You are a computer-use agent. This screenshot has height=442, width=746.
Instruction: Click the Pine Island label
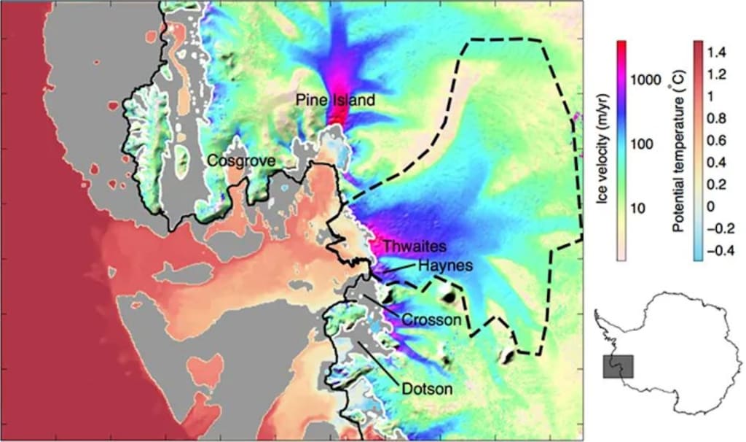(335, 100)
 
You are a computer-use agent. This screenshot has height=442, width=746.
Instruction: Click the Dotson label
(426, 389)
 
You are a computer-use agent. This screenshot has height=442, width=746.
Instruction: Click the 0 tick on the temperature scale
(717, 206)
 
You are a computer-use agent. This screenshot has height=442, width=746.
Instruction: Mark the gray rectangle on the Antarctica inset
(619, 367)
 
